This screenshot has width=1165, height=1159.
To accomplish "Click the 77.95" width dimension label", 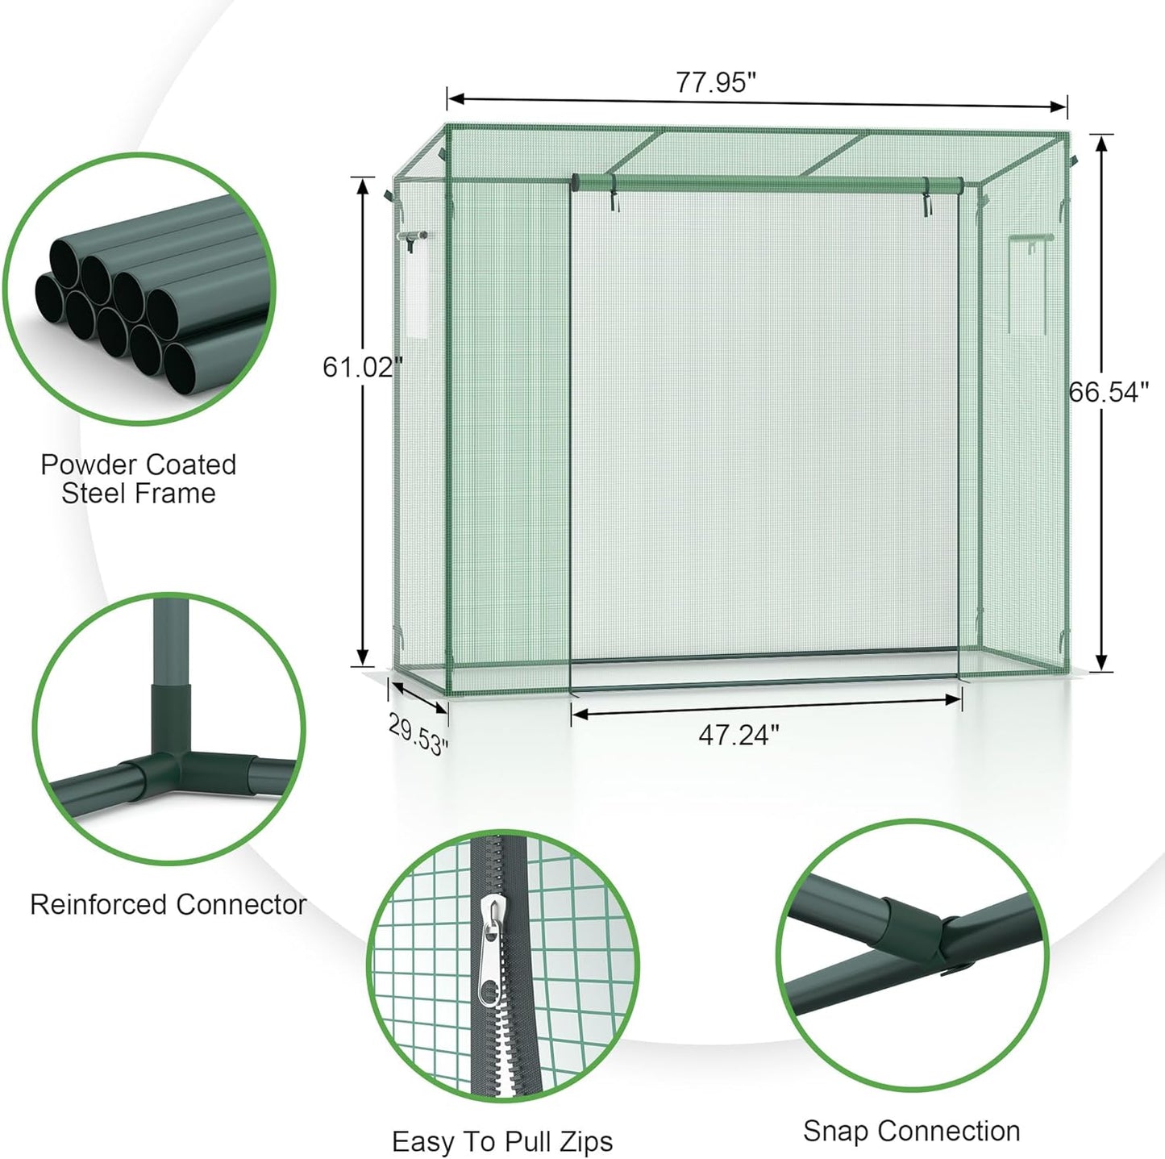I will tap(715, 81).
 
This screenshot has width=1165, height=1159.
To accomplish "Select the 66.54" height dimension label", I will tap(1109, 392).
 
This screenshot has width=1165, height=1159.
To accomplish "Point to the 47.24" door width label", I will tap(739, 735).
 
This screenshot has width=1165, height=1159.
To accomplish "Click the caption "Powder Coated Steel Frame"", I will tap(139, 478).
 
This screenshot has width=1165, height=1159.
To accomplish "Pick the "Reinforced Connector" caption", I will tap(169, 904).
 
